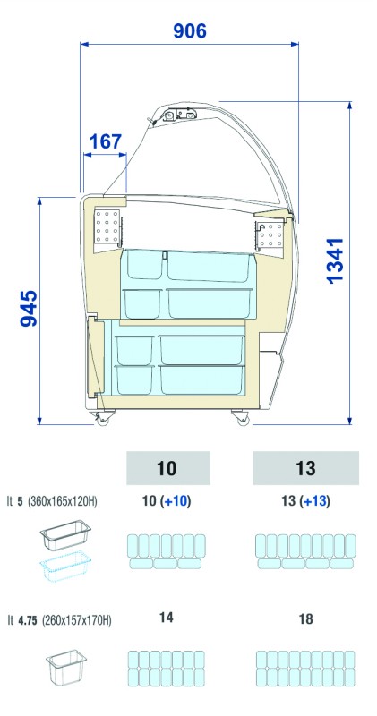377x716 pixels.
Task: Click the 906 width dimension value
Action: [x=190, y=30]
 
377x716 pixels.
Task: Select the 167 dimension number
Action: [x=106, y=141]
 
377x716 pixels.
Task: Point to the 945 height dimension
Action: [x=29, y=308]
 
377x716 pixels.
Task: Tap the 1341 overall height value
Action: [x=335, y=260]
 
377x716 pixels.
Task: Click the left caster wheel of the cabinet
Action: [x=102, y=418]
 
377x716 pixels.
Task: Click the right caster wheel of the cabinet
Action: [x=240, y=417]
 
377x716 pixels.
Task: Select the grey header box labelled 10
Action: [x=168, y=468]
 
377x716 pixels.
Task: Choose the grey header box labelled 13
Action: [x=305, y=468]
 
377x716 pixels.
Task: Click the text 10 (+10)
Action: [x=167, y=501]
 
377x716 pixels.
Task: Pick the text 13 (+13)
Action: [x=305, y=501]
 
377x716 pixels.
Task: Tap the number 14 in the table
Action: [x=167, y=618]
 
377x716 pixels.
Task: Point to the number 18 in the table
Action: [x=305, y=619]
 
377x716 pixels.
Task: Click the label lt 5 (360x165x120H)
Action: [x=52, y=501]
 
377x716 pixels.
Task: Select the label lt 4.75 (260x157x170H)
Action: [x=59, y=620]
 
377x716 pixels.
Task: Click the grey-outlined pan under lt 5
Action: [x=65, y=534]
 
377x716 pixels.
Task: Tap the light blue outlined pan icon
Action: [x=65, y=567]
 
